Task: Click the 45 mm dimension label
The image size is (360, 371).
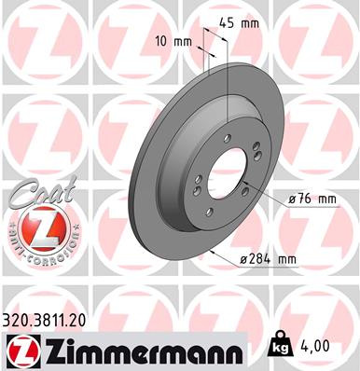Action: (238, 23)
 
